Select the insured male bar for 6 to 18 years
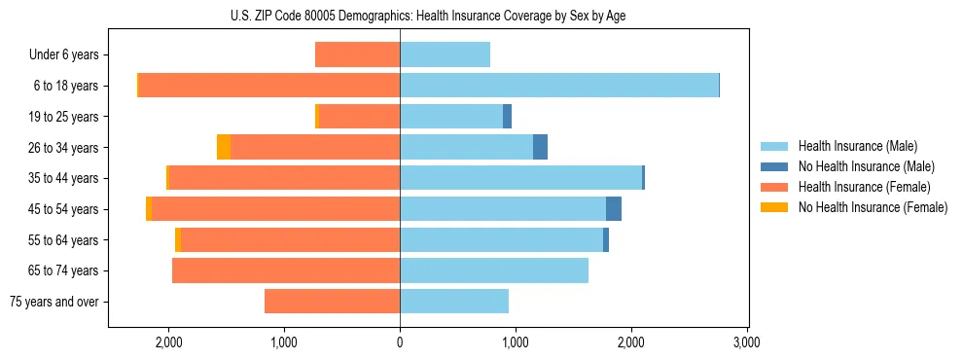tap(559, 86)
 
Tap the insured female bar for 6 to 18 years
tap(269, 86)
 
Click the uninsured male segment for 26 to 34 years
tap(540, 147)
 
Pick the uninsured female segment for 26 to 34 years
tap(224, 147)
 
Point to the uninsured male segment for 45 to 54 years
tap(614, 209)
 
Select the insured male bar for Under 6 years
tap(445, 54)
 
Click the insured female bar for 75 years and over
tap(332, 302)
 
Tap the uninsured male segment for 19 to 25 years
tap(507, 117)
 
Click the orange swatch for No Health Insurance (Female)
tap(775, 207)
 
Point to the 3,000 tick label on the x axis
tap(746, 342)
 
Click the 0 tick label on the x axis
tap(400, 342)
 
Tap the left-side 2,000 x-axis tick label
tap(169, 342)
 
